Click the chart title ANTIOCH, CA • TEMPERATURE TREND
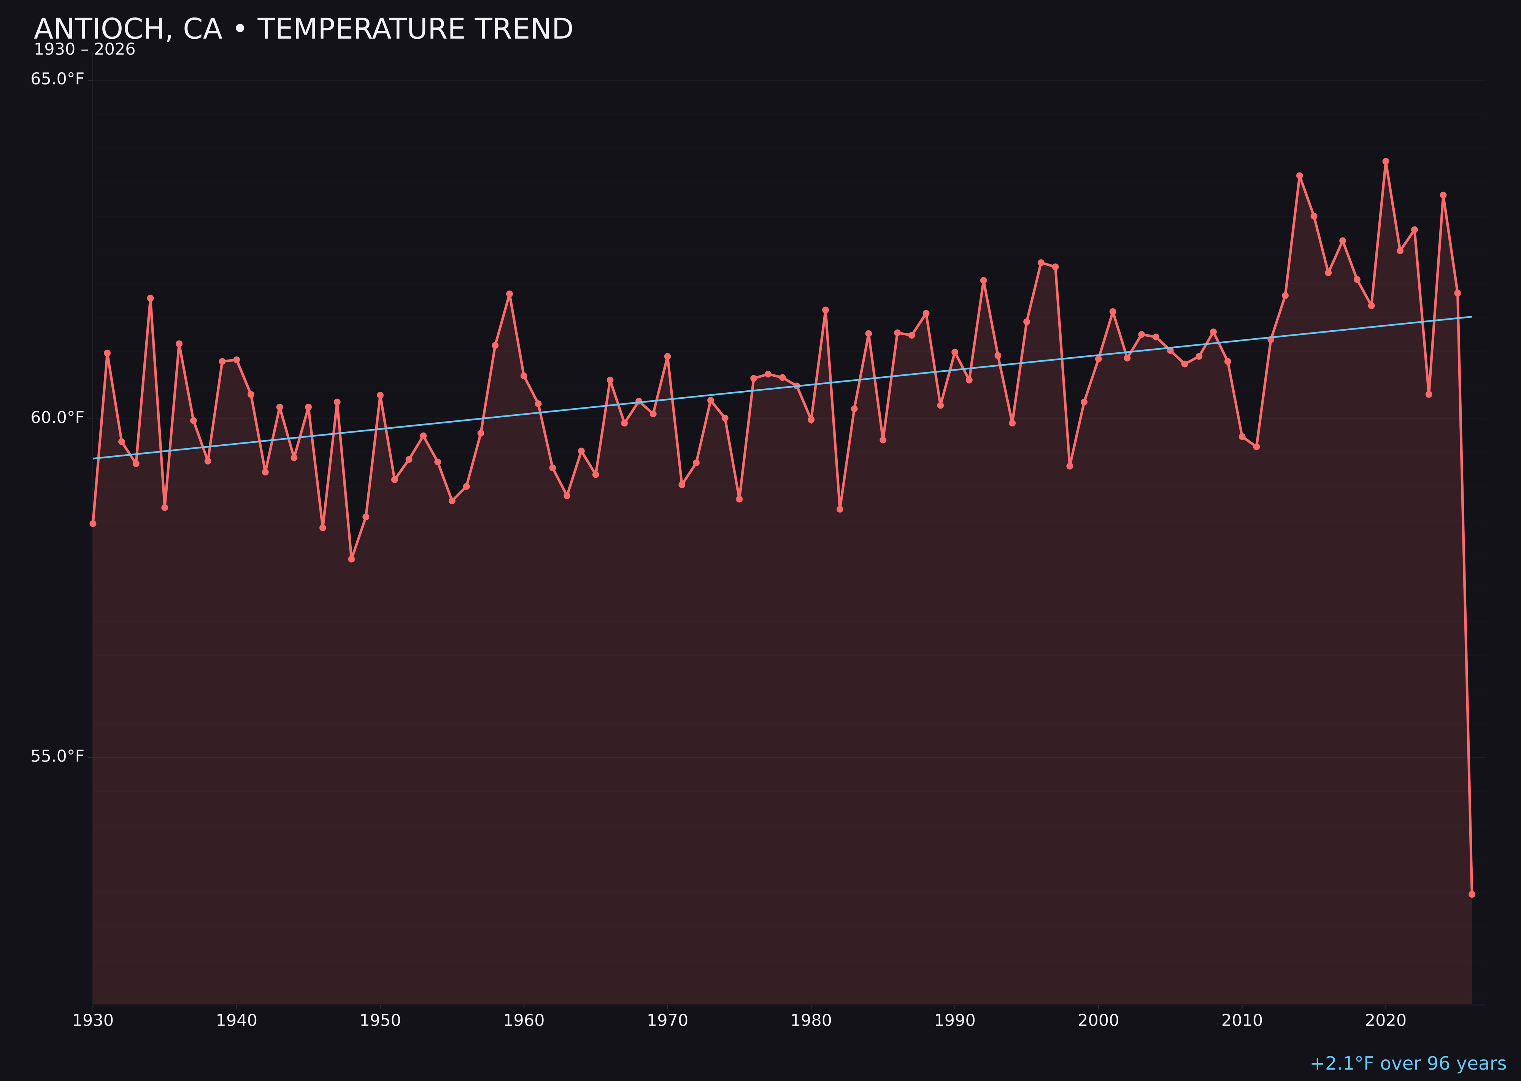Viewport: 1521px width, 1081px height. pos(303,29)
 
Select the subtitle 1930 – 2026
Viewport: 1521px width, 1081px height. pos(84,50)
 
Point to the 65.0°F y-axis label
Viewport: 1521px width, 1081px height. pos(57,79)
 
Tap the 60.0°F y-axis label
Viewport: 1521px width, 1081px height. pos(57,417)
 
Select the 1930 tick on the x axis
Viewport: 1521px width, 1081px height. pos(93,1021)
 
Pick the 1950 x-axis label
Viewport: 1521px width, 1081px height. pos(380,1021)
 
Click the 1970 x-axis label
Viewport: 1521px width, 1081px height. pos(667,1021)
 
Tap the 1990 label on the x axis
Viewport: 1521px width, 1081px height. pos(955,1021)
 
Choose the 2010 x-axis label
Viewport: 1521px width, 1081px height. pos(1242,1021)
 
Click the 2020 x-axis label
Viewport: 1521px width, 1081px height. pos(1386,1021)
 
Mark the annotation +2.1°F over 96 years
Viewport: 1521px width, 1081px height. pos(1408,1064)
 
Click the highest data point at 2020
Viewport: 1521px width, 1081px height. pos(1386,161)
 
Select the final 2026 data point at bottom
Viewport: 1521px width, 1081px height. pos(1472,894)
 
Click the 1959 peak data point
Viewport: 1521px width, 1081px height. pos(510,293)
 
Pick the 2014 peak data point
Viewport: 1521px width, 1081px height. pos(1299,176)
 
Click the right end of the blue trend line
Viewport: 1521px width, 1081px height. pos(1471,317)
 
